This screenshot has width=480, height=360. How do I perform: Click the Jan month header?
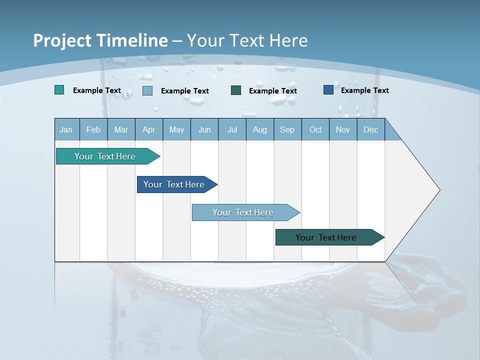(x=66, y=129)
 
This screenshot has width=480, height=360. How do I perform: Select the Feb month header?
(x=93, y=129)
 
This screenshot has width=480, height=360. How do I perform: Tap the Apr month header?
(x=149, y=129)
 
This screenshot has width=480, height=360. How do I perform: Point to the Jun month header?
(x=204, y=129)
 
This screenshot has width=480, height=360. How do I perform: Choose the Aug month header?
(x=260, y=129)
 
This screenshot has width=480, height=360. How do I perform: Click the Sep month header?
(x=287, y=129)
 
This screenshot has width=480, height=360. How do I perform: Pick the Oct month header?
(x=315, y=129)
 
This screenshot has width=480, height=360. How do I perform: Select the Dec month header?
(x=371, y=129)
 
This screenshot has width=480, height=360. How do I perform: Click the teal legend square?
(x=59, y=90)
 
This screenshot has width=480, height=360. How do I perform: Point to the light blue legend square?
(x=147, y=90)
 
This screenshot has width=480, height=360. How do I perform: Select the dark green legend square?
(x=236, y=90)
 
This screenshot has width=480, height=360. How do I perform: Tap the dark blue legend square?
(x=328, y=90)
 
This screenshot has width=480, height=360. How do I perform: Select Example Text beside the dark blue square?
(x=364, y=90)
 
